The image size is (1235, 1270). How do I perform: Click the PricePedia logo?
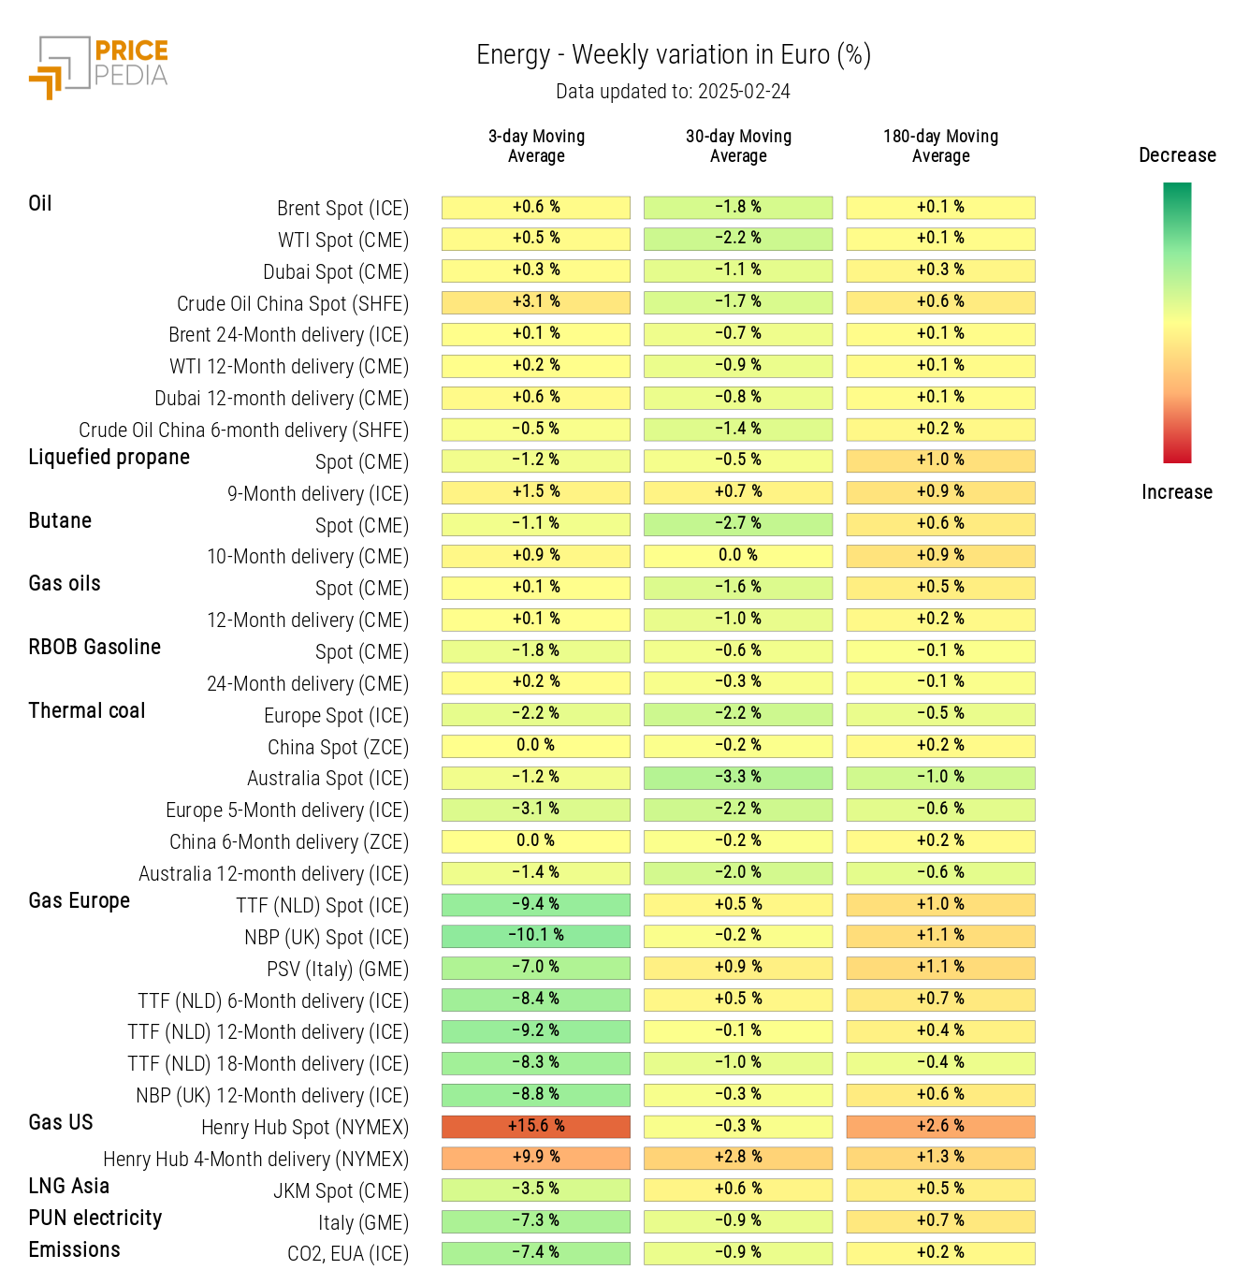[99, 66]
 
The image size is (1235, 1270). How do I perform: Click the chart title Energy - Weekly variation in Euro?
[674, 55]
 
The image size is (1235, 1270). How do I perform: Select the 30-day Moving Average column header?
[738, 146]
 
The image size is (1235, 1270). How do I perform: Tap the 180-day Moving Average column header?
[940, 146]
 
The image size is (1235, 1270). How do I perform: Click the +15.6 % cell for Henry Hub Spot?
[536, 1126]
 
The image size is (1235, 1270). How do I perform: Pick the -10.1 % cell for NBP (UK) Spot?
[536, 935]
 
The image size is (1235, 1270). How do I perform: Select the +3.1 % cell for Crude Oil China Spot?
[536, 301]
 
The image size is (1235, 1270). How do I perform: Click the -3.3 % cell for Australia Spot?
[738, 777]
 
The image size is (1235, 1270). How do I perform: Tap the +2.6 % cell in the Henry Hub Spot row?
[940, 1126]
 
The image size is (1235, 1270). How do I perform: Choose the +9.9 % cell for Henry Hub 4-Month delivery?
[536, 1157]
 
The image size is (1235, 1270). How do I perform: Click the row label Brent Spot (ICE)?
[342, 208]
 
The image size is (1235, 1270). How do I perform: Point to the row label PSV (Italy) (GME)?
[338, 969]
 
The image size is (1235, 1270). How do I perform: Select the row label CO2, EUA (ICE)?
[348, 1253]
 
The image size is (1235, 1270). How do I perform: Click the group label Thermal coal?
[87, 710]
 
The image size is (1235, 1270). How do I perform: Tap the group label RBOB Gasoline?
[94, 647]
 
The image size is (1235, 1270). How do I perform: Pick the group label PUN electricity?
[95, 1218]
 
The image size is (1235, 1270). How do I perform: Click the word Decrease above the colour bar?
[1177, 155]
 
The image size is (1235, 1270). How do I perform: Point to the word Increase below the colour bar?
[1177, 492]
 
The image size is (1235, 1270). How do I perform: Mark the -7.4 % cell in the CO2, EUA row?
[536, 1252]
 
